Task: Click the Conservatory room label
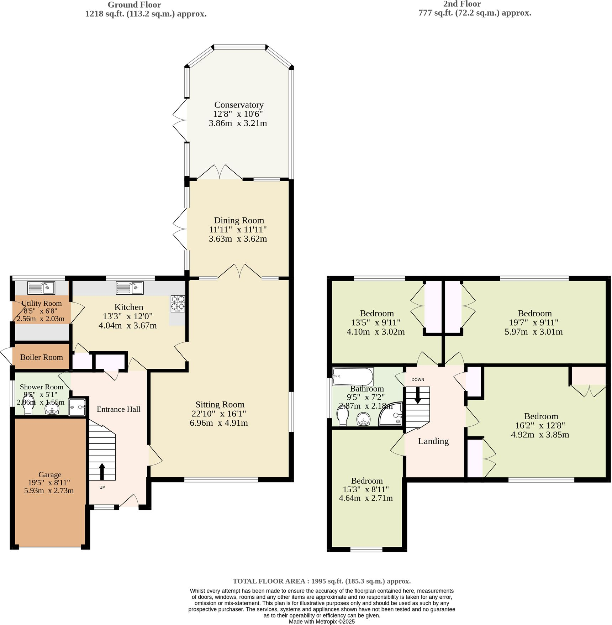point(239,105)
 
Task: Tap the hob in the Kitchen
point(178,304)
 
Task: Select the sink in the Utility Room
point(41,288)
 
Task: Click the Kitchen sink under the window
point(130,288)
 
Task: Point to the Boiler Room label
point(41,357)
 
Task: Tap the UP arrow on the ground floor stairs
point(102,472)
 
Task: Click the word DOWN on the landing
point(418,379)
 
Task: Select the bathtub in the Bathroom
point(353,376)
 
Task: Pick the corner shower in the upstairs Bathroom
point(392,415)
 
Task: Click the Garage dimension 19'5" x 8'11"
point(49,483)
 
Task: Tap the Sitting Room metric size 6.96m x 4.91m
point(219,423)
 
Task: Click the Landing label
point(433,441)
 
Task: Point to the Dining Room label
point(239,221)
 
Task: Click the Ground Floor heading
point(134,5)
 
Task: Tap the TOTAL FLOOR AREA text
point(322,581)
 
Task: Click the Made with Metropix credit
point(322,621)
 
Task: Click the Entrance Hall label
point(118,409)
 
